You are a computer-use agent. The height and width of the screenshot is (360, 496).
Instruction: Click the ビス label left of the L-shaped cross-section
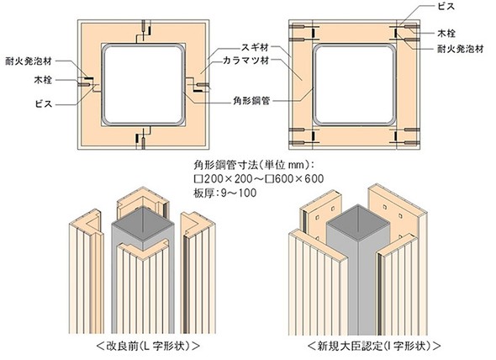[44, 103]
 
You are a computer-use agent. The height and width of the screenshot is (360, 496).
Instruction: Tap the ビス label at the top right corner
[446, 7]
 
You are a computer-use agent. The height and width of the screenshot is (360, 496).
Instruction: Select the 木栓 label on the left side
[43, 80]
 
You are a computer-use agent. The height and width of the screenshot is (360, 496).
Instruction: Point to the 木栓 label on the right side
[446, 34]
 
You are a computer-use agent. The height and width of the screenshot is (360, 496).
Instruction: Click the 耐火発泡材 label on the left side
[29, 61]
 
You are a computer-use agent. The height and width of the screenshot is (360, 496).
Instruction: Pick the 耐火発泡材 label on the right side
[461, 49]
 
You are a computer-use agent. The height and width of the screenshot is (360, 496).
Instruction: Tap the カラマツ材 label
[245, 61]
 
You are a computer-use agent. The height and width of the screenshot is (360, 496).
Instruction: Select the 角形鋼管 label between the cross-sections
[251, 101]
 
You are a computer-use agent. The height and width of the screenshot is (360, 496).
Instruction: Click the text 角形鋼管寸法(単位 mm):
[253, 165]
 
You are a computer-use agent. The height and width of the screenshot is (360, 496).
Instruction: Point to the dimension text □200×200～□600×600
[259, 179]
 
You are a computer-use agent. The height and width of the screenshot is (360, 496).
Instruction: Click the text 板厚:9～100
[225, 193]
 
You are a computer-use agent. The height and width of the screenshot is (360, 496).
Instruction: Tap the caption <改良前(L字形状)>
[148, 346]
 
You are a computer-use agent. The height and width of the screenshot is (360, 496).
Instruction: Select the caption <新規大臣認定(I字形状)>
[374, 346]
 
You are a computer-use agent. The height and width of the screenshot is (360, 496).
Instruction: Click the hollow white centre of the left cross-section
[143, 85]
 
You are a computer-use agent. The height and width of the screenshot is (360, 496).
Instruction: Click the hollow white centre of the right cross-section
[354, 85]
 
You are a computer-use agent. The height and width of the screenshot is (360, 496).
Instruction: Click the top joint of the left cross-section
[143, 32]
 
